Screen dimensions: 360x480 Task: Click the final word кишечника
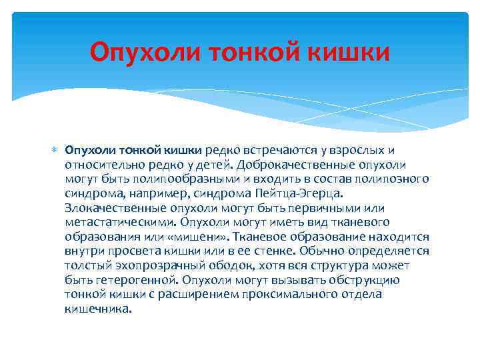click(x=99, y=309)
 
